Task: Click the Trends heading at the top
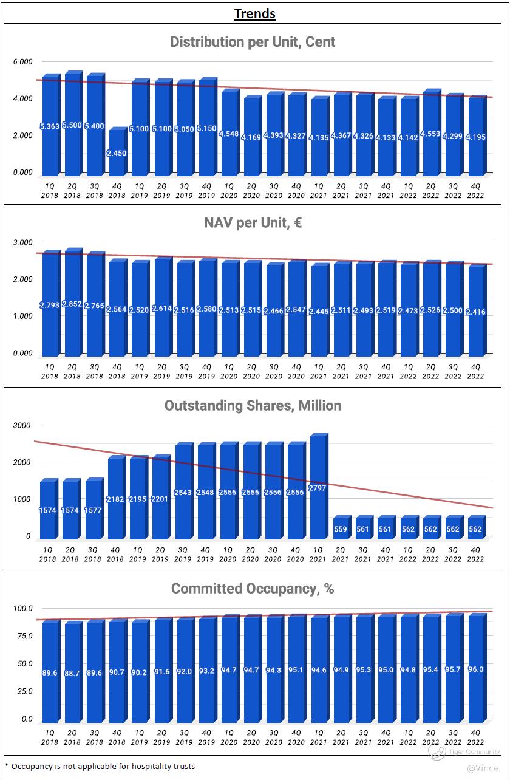click(x=254, y=13)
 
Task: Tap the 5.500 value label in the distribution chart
click(x=72, y=126)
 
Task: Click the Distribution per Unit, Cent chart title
click(x=253, y=42)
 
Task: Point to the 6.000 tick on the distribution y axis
click(x=22, y=62)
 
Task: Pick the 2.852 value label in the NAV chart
click(x=72, y=304)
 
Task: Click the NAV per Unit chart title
click(x=253, y=223)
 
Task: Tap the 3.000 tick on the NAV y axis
click(x=22, y=242)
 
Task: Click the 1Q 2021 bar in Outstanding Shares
click(x=318, y=486)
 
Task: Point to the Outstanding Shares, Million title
click(x=253, y=406)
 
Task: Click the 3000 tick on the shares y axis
click(x=22, y=425)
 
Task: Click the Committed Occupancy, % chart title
click(x=253, y=589)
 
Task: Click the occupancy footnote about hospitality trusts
click(x=100, y=766)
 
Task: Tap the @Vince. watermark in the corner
click(x=484, y=769)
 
